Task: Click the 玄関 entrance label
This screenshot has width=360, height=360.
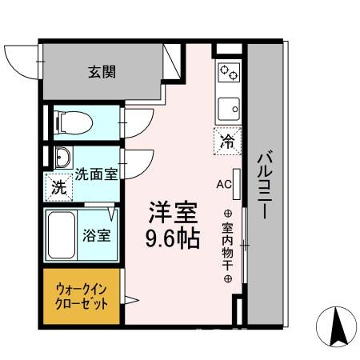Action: pyautogui.click(x=102, y=72)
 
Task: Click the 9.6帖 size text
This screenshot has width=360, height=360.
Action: pyautogui.click(x=172, y=239)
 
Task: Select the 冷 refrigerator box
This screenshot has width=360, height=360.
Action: pyautogui.click(x=228, y=142)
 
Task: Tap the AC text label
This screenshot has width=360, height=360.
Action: pyautogui.click(x=223, y=182)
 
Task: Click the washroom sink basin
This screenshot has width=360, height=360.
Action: pyautogui.click(x=62, y=155)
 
